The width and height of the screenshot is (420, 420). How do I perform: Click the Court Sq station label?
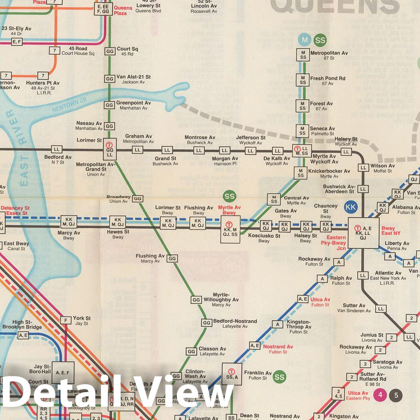[127, 49]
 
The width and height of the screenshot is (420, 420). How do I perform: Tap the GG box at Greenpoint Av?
[109, 105]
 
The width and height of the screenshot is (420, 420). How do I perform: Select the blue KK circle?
[351, 207]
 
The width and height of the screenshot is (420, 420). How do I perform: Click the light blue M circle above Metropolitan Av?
[305, 40]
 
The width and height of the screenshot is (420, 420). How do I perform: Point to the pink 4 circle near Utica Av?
[380, 395]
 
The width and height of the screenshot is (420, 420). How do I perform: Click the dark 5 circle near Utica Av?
[396, 395]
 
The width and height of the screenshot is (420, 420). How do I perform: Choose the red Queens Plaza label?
[123, 10]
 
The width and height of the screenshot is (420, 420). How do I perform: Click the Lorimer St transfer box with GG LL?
[109, 149]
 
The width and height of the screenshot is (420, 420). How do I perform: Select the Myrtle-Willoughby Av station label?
[221, 297]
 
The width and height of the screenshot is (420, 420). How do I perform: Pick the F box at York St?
[65, 320]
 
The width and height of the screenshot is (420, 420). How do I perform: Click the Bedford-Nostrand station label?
[235, 321]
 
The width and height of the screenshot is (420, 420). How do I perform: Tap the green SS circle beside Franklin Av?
[279, 376]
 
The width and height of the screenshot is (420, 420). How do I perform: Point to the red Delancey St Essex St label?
[15, 211]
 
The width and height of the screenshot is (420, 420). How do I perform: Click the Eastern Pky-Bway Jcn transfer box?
[363, 233]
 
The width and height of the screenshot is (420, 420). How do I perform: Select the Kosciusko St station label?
[264, 236]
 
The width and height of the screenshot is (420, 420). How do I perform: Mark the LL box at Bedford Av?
[57, 149]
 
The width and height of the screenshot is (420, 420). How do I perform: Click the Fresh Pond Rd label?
[327, 79]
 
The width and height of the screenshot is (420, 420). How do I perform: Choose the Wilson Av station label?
[382, 166]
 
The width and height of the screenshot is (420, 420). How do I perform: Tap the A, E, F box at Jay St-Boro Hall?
[63, 372]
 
